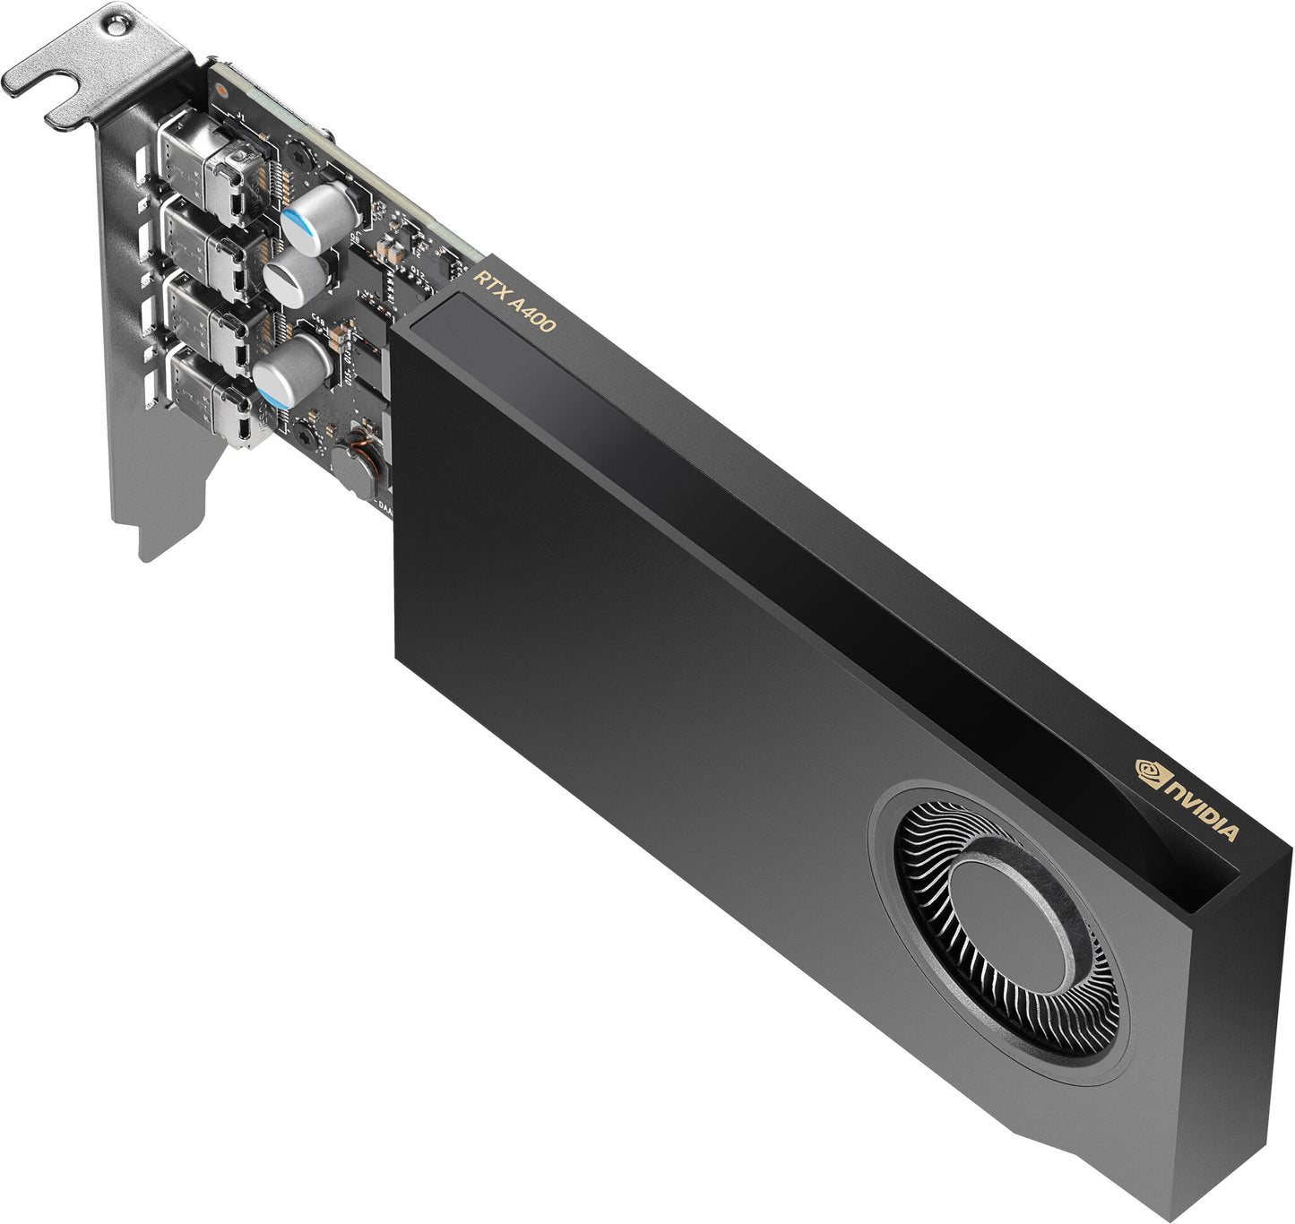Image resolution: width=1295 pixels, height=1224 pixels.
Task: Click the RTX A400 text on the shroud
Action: tap(514, 301)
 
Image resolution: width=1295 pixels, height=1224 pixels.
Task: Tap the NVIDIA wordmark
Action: tap(1202, 809)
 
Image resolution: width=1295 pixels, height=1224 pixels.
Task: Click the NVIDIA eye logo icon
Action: tap(1150, 772)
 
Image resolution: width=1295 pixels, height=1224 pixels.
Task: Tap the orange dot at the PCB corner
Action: tap(221, 90)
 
